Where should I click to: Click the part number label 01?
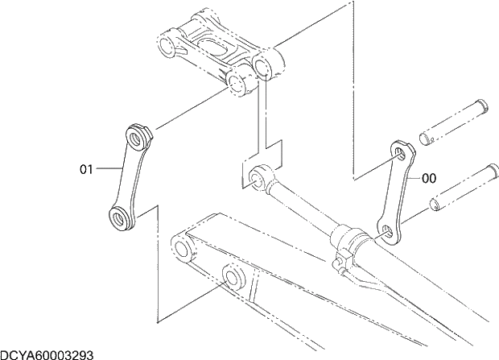pos(86,169)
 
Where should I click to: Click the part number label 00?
pos(429,178)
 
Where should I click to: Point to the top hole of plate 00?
pos(400,150)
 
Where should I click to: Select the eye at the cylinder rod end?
pos(258,173)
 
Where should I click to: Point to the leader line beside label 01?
pos(106,169)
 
